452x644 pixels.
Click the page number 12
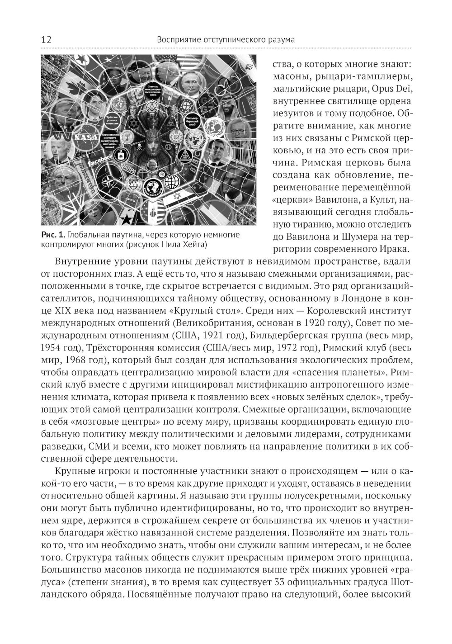[46, 40]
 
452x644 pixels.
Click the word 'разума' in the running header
[280, 40]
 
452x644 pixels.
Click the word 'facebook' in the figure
[100, 159]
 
